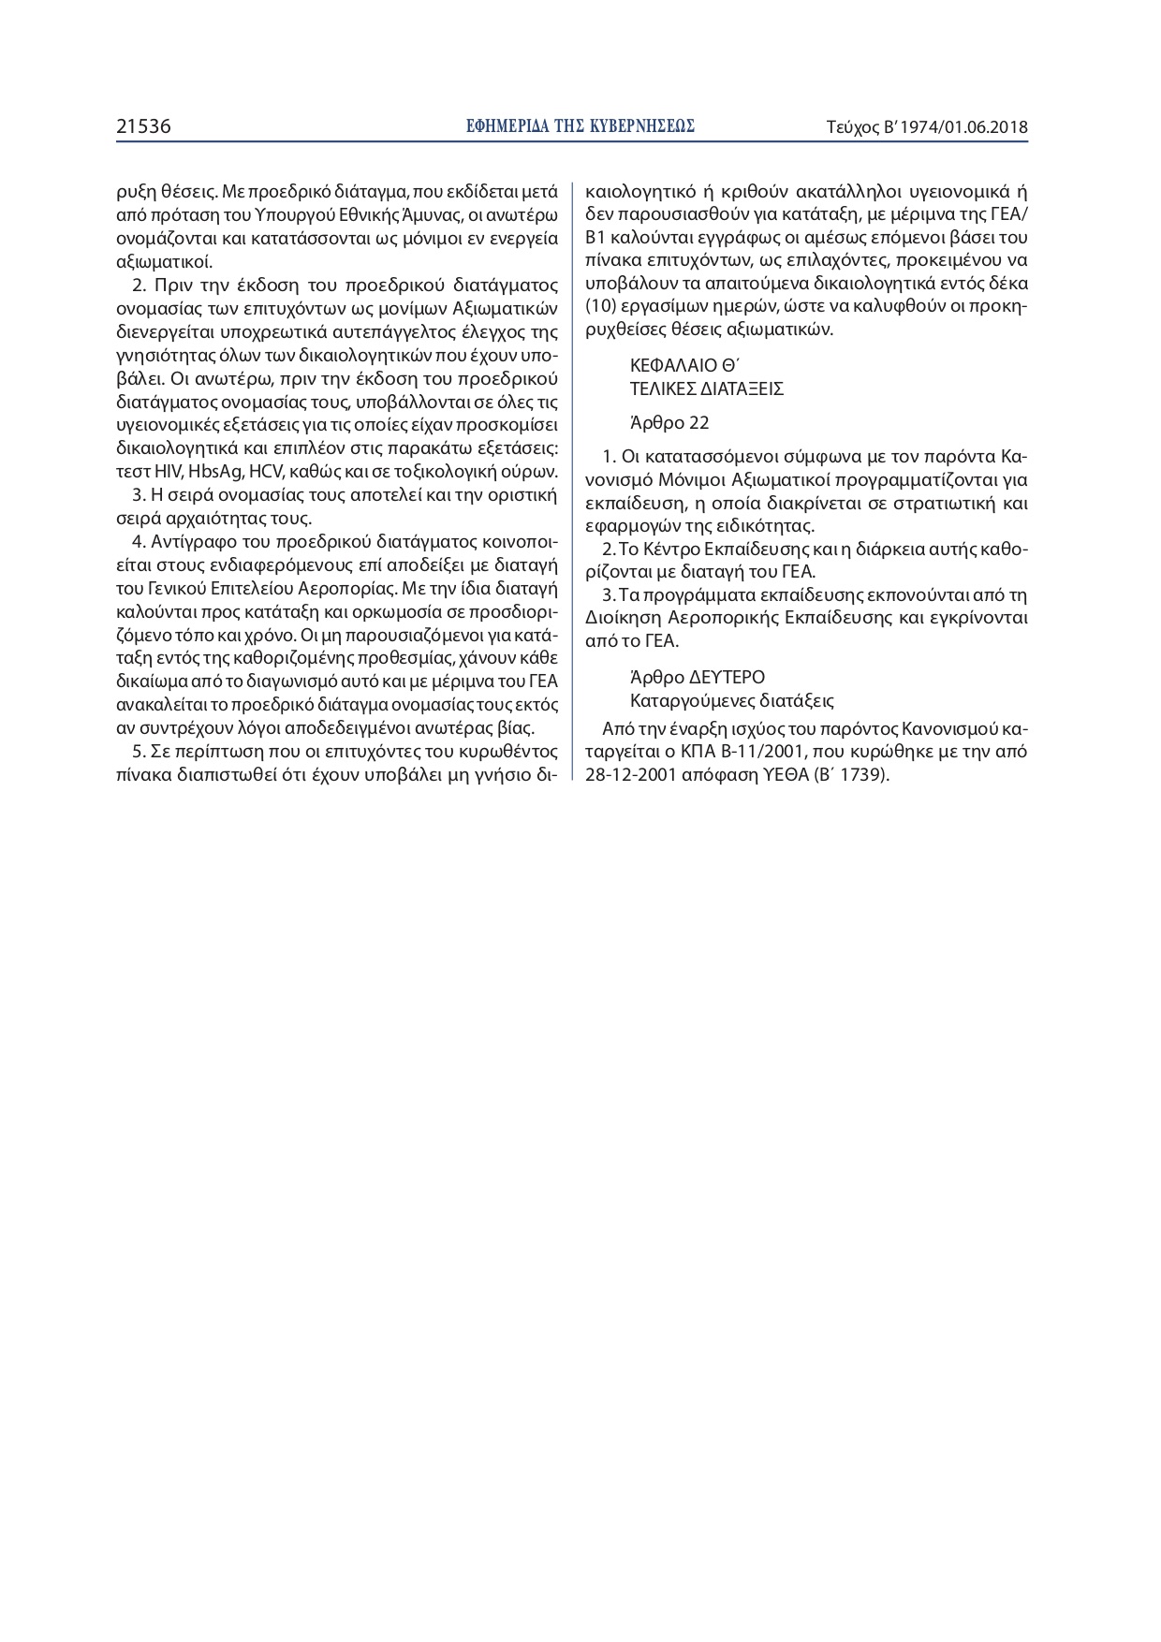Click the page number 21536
coord(143,126)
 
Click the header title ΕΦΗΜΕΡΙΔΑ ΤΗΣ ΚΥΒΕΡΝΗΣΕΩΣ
coord(580,126)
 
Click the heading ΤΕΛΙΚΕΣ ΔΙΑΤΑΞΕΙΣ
coord(707,389)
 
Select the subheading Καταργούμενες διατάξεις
coord(732,700)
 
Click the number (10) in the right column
coord(599,306)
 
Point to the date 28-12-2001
coord(626,776)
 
